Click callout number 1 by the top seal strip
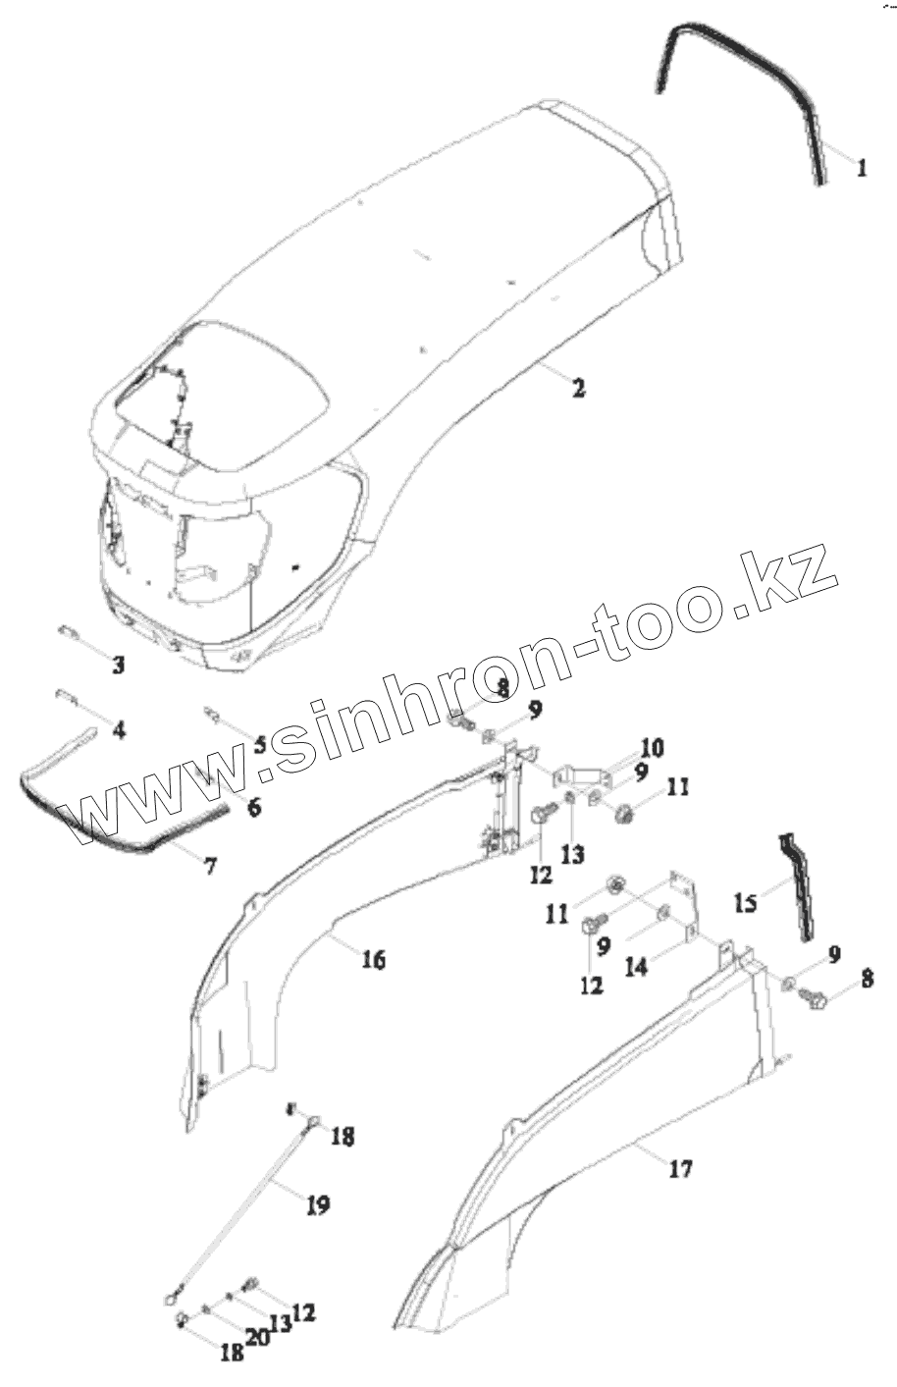click(861, 168)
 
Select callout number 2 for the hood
click(578, 388)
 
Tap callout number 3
click(118, 666)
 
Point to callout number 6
click(254, 807)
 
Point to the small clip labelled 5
click(213, 713)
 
